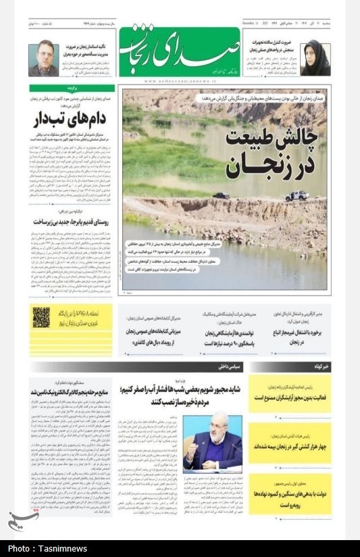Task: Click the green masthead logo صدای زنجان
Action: pyautogui.click(x=179, y=52)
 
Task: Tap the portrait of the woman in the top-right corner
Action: pyautogui.click(x=315, y=57)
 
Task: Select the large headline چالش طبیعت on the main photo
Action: pyautogui.click(x=270, y=138)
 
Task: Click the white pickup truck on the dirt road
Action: pyautogui.click(x=297, y=195)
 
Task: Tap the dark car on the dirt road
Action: pyautogui.click(x=220, y=195)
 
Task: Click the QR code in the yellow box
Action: pyautogui.click(x=41, y=316)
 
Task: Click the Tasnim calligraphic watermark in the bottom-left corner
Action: pyautogui.click(x=23, y=519)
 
